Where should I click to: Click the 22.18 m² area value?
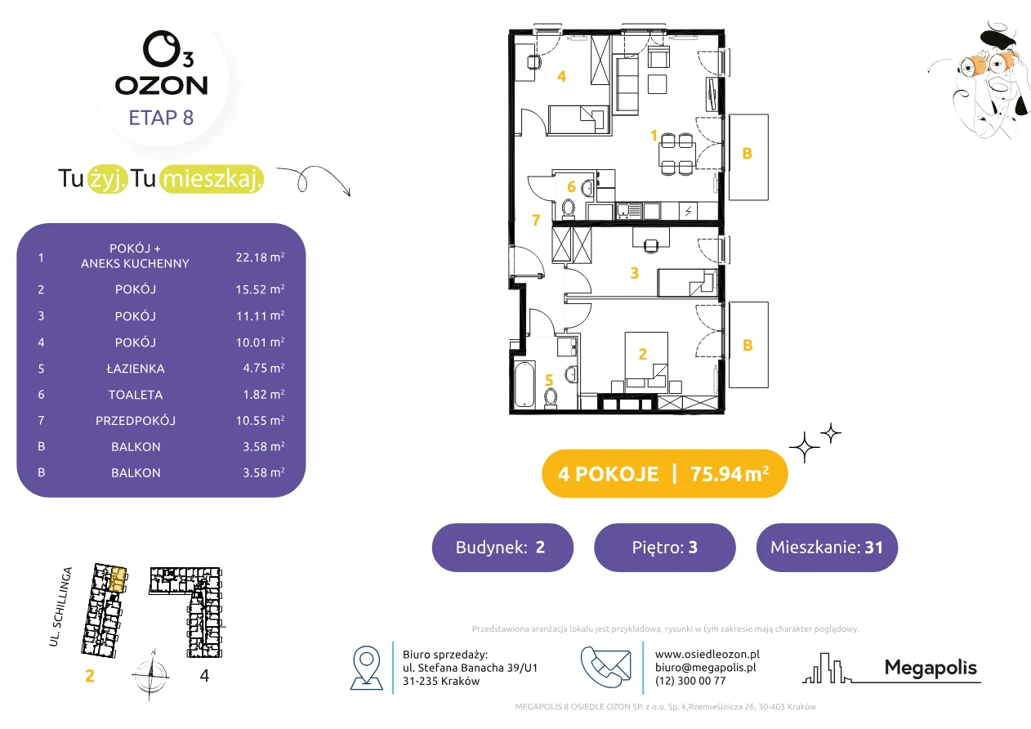pyautogui.click(x=260, y=257)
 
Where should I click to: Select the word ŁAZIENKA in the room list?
pyautogui.click(x=136, y=369)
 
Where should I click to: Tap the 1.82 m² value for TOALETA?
pyautogui.click(x=263, y=394)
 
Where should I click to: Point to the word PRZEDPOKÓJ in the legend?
pyautogui.click(x=136, y=420)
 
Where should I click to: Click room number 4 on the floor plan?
pyautogui.click(x=561, y=77)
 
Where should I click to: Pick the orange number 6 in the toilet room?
pyautogui.click(x=571, y=186)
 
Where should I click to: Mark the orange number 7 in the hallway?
pyautogui.click(x=536, y=220)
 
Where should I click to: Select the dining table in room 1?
pyautogui.click(x=676, y=154)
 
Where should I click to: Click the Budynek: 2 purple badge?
pyautogui.click(x=502, y=547)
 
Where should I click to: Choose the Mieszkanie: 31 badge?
pyautogui.click(x=827, y=547)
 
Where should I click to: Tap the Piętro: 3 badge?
pyautogui.click(x=665, y=547)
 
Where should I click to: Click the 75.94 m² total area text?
pyautogui.click(x=729, y=473)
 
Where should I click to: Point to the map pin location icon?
pyautogui.click(x=366, y=667)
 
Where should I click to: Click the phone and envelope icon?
pyautogui.click(x=605, y=666)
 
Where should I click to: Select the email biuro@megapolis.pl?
pyautogui.click(x=705, y=667)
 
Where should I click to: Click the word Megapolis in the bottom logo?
pyautogui.click(x=931, y=668)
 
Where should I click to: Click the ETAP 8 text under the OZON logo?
pyautogui.click(x=161, y=118)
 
